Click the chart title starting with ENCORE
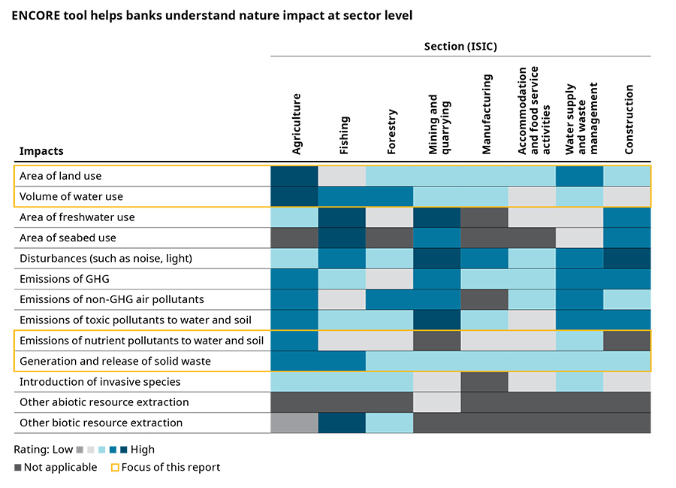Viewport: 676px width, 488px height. pyautogui.click(x=212, y=15)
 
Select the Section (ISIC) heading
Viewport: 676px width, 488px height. pyautogui.click(x=460, y=47)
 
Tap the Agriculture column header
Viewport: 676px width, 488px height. pyautogui.click(x=296, y=124)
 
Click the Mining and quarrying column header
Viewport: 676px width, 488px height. pyautogui.click(x=437, y=124)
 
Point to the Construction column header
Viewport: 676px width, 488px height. pyautogui.click(x=629, y=120)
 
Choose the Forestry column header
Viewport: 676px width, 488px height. pyautogui.click(x=391, y=134)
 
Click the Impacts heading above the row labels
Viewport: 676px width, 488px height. pyautogui.click(x=41, y=151)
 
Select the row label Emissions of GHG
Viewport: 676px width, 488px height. pyautogui.click(x=64, y=279)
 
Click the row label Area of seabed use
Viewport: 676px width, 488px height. pyautogui.click(x=68, y=238)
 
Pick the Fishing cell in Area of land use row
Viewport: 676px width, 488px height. pyautogui.click(x=342, y=176)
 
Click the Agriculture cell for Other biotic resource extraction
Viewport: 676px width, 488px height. pyautogui.click(x=294, y=423)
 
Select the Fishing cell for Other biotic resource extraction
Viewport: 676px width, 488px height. pyautogui.click(x=342, y=423)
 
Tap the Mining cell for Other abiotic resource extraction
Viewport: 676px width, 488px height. pyautogui.click(x=437, y=402)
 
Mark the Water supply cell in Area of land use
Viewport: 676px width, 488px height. pyautogui.click(x=579, y=176)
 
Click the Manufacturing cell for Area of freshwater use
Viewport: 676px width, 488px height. pyautogui.click(x=484, y=217)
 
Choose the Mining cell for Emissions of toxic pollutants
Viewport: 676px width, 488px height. pyautogui.click(x=437, y=320)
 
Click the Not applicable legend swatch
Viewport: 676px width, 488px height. pyautogui.click(x=17, y=468)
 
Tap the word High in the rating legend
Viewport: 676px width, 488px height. pyautogui.click(x=143, y=450)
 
